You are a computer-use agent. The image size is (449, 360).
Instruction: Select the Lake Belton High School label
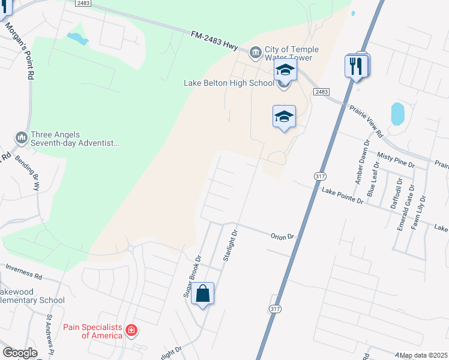[x=229, y=83]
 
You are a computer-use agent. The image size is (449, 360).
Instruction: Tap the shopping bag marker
[x=202, y=295]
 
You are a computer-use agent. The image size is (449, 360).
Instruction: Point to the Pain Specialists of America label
[x=93, y=331]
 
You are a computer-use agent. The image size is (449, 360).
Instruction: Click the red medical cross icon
[x=131, y=330]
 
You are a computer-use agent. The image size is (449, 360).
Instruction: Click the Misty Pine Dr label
[x=396, y=160]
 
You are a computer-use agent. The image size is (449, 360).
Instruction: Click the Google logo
[x=20, y=353]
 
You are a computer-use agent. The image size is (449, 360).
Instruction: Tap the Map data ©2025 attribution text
[x=423, y=355]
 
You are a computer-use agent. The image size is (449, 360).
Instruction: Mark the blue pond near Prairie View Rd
[x=397, y=114]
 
